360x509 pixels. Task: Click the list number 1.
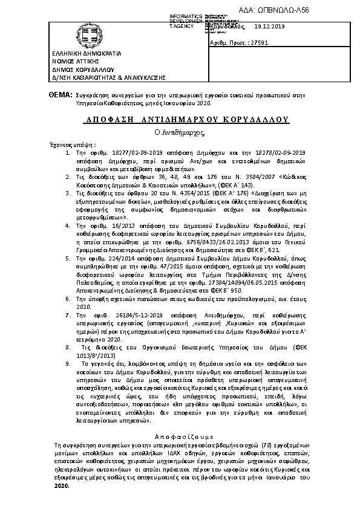point(68,154)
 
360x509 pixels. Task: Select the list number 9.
point(68,365)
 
